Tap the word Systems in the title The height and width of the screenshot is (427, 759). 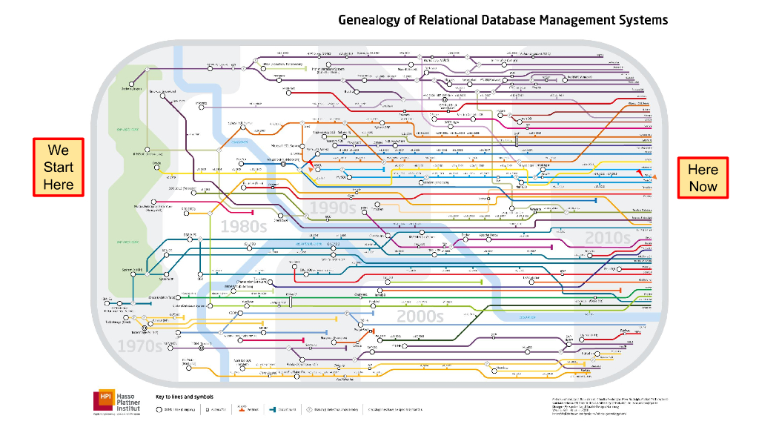click(x=644, y=20)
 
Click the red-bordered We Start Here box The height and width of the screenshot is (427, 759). click(x=59, y=167)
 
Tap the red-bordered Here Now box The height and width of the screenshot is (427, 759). click(x=703, y=178)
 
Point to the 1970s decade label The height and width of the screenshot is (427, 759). click(x=139, y=346)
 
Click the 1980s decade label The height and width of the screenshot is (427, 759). click(x=243, y=226)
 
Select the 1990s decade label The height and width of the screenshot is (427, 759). click(x=333, y=208)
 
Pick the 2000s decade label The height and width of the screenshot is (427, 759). click(x=420, y=317)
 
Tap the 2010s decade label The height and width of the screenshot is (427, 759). click(x=607, y=238)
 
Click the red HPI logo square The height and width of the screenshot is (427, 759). click(x=104, y=400)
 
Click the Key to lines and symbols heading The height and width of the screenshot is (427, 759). click(x=182, y=397)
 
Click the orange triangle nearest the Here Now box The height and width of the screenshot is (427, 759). click(x=654, y=176)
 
